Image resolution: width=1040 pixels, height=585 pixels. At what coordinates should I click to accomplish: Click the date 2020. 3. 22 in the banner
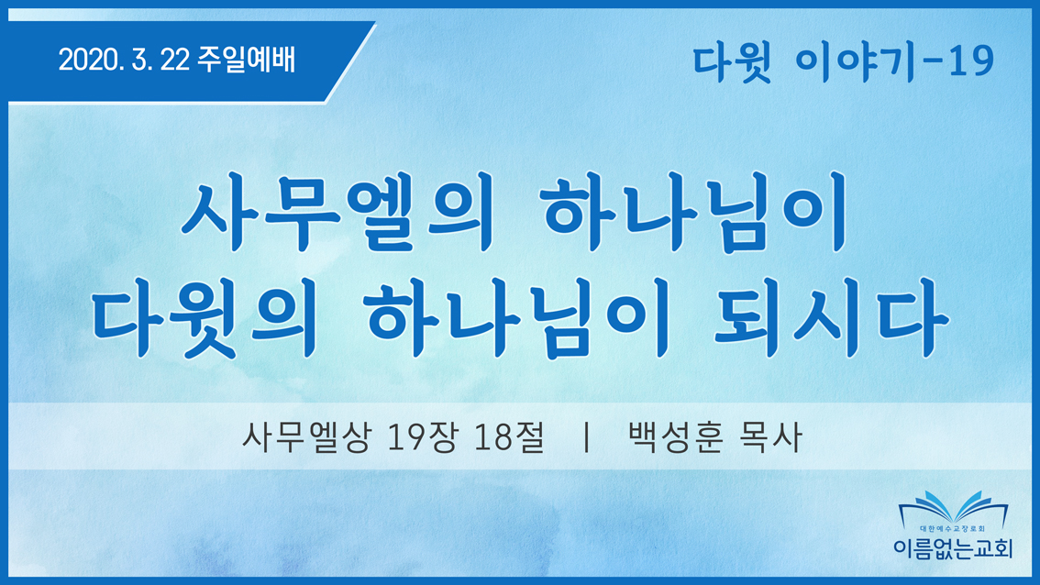click(x=124, y=61)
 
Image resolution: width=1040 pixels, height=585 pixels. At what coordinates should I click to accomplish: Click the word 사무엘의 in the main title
click(x=337, y=211)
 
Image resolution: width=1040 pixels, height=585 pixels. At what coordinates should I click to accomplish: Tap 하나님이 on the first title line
click(x=694, y=211)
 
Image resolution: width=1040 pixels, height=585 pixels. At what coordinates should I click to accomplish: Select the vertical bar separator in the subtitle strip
click(x=586, y=437)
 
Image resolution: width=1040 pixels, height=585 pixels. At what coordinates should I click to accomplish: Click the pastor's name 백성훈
click(x=675, y=437)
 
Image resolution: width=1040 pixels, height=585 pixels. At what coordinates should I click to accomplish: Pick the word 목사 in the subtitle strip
click(x=770, y=437)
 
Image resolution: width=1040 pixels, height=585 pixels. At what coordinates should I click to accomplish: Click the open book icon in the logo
click(x=953, y=507)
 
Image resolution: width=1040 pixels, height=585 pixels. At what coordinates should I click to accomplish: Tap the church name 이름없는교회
click(x=953, y=547)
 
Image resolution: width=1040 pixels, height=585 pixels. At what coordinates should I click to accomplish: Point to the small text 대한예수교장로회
click(x=953, y=529)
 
